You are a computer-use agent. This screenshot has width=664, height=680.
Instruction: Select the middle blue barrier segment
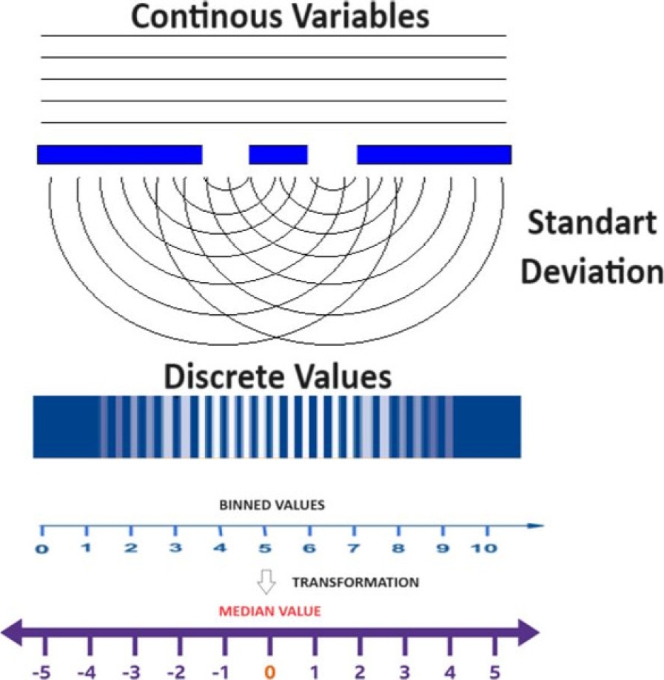coord(278,154)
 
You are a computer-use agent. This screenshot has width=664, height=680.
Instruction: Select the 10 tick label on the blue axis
coord(486,549)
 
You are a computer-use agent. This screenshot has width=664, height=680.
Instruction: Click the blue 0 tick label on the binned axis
coord(41,550)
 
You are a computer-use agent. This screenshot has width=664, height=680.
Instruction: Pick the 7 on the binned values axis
coord(353,549)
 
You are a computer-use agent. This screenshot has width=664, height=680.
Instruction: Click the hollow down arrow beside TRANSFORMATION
coord(266,582)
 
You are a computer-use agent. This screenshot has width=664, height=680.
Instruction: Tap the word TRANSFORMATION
coord(355,582)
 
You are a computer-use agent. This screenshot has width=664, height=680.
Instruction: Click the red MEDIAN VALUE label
coord(269,612)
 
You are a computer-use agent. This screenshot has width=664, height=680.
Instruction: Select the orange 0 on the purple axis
coord(270,671)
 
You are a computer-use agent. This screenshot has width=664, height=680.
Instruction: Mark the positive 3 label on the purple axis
coord(405,671)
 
